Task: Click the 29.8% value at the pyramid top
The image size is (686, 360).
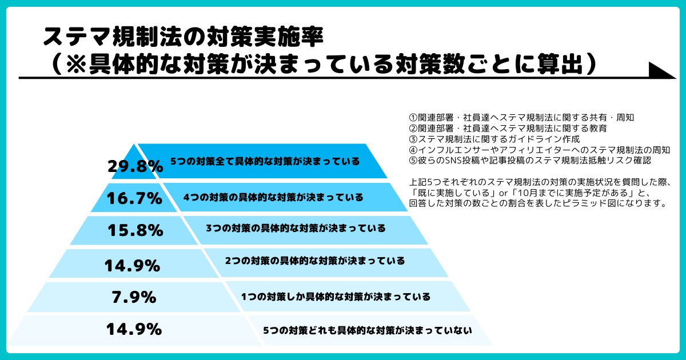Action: coord(135,166)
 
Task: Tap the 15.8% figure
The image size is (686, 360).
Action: coord(135,230)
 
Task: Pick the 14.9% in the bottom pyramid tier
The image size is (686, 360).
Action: coord(134,329)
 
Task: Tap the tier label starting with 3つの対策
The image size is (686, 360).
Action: coord(296,228)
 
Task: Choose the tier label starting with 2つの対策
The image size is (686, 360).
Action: coord(315,261)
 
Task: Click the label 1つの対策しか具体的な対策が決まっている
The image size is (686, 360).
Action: coord(336,297)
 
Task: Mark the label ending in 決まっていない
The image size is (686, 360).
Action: coord(367,330)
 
